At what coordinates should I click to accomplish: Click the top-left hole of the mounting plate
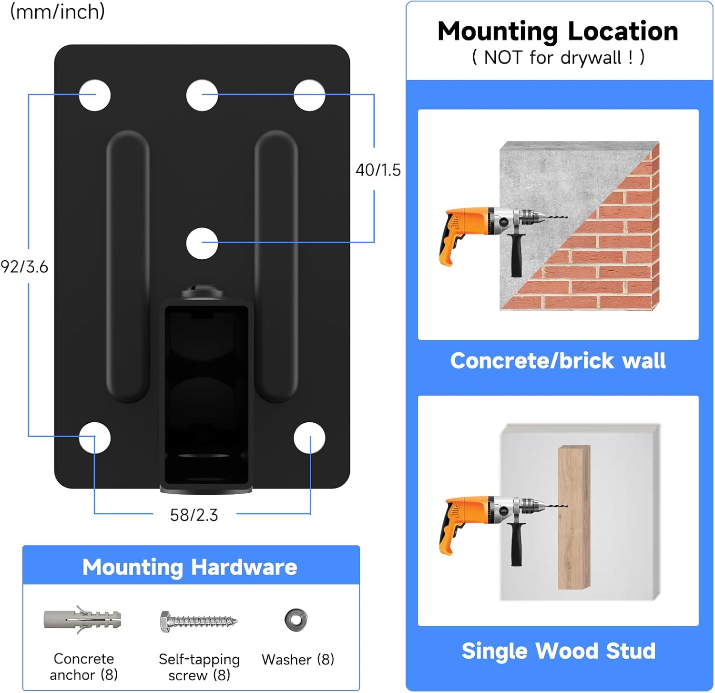tap(95, 95)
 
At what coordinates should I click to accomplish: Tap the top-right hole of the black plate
tap(309, 95)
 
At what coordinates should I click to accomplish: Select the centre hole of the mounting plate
tap(202, 244)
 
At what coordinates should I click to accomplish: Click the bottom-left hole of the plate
tap(95, 438)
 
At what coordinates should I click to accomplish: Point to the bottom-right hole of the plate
tap(309, 438)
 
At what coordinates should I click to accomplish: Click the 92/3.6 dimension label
tap(24, 267)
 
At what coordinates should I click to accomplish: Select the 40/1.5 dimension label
tap(378, 170)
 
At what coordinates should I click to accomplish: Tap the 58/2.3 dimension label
tap(194, 515)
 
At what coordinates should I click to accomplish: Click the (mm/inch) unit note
tap(58, 11)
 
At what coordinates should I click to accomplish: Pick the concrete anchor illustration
tap(82, 620)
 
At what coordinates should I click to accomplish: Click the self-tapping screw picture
tap(199, 621)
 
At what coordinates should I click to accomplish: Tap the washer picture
tap(296, 620)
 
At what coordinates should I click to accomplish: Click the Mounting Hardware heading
tap(190, 567)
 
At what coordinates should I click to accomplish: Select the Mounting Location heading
tap(558, 31)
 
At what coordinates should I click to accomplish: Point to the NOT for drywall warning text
tap(558, 58)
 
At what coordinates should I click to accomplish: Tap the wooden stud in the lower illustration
tap(574, 518)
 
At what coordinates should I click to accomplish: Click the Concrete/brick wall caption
tap(558, 361)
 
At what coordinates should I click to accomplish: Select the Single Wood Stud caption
tap(559, 651)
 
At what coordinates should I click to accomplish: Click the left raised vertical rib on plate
tap(128, 266)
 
